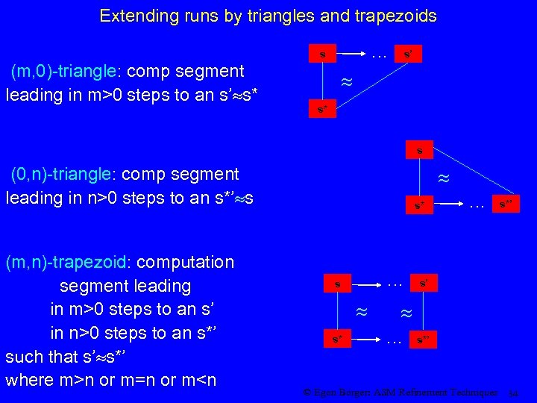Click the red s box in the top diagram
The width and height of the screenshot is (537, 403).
321,54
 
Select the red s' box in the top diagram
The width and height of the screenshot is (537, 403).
408,54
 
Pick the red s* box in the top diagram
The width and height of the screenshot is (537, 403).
321,110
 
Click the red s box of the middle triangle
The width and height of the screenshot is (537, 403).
420,149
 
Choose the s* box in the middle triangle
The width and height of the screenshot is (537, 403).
420,204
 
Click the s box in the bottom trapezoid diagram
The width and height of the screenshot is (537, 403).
337,284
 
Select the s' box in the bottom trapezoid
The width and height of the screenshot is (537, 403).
423,283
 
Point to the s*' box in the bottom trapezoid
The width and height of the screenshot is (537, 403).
423,340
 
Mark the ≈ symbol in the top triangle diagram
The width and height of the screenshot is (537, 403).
345,83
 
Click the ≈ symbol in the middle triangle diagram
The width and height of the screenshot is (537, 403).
443,179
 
